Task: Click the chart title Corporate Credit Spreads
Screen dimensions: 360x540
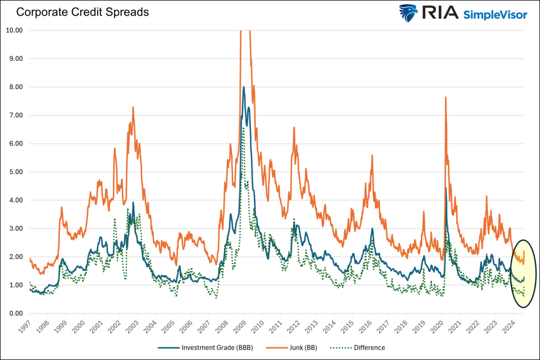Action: point(83,12)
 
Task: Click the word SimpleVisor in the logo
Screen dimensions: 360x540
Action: point(495,15)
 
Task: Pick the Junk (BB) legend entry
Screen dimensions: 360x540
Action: point(303,348)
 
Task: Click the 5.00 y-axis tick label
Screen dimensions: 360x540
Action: point(15,172)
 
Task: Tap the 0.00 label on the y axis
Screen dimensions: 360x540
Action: point(15,314)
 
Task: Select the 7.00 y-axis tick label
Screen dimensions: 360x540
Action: point(15,115)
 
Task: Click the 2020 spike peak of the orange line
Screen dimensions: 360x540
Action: point(446,97)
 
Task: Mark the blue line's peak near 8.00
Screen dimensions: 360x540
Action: point(244,87)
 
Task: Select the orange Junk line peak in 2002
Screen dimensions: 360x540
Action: point(133,107)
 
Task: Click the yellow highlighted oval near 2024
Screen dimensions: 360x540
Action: point(524,273)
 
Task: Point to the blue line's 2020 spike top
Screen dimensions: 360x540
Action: point(446,188)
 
